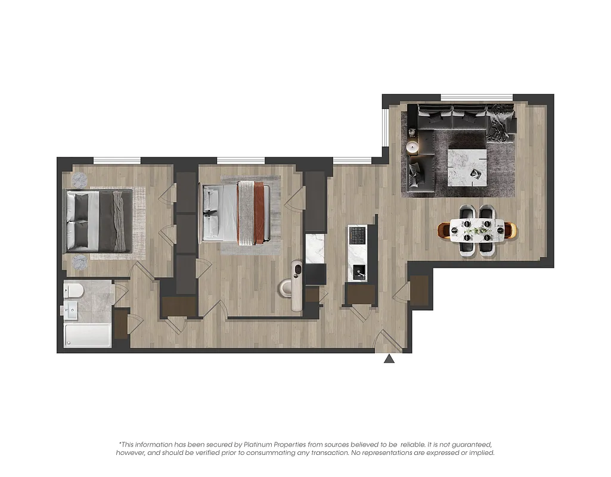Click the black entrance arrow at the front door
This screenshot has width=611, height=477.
[389, 359]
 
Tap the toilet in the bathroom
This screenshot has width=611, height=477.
[74, 291]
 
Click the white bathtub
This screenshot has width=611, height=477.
[88, 336]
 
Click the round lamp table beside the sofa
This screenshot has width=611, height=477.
[412, 147]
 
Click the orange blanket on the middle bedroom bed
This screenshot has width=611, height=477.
[259, 213]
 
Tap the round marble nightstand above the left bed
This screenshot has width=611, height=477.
[80, 179]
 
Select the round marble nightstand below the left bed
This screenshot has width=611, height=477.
[80, 261]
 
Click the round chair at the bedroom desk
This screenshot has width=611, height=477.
[286, 288]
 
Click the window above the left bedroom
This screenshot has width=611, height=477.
[117, 160]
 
